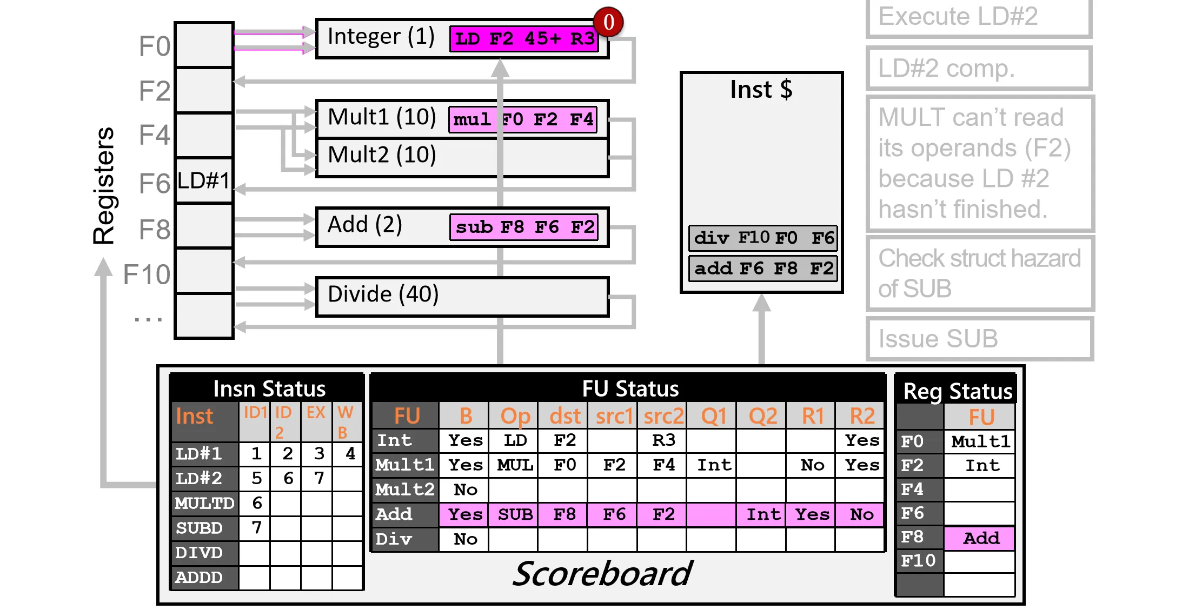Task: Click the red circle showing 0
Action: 608,22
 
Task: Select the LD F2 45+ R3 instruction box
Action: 524,39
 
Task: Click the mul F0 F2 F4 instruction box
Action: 523,119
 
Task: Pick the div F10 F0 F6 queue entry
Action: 763,238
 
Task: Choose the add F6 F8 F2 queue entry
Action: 763,268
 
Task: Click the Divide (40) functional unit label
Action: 383,294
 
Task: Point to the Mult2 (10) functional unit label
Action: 382,155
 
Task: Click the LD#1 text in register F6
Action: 203,180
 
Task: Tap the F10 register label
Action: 147,274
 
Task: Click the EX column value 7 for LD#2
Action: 319,478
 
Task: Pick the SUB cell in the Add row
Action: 515,514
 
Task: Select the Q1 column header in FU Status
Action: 714,416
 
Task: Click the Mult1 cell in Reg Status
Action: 980,441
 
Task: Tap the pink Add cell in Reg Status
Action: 980,538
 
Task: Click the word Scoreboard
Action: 601,574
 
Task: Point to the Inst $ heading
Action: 761,89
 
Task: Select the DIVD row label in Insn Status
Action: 199,553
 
